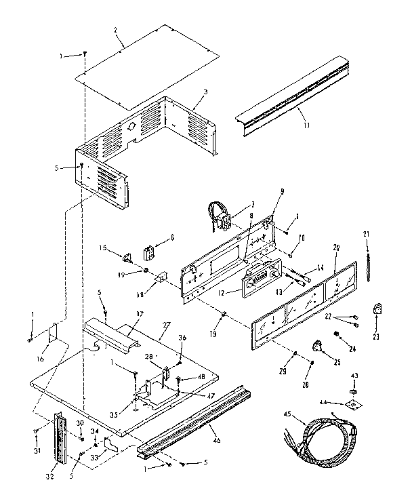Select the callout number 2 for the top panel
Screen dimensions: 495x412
[x=116, y=31]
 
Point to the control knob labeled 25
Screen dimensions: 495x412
[x=317, y=347]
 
